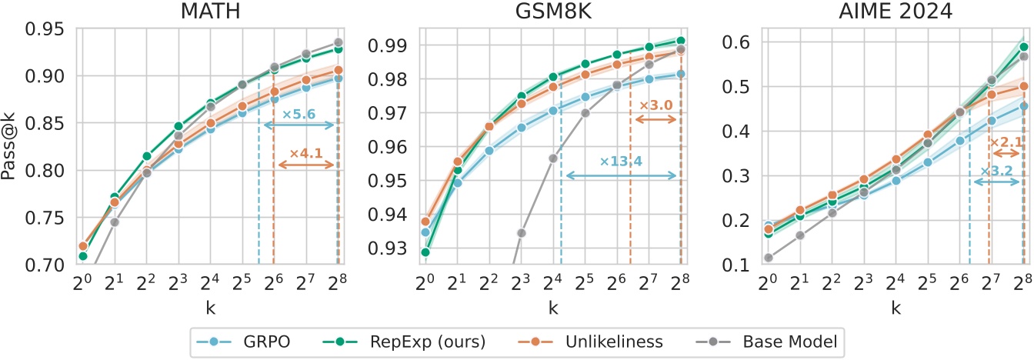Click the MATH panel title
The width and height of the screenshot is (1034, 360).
point(211,12)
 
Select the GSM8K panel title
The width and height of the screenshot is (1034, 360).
point(553,12)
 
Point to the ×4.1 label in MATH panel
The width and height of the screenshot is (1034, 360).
point(305,154)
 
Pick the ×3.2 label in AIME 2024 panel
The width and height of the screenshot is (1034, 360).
point(996,171)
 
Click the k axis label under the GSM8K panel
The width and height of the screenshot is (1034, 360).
point(553,308)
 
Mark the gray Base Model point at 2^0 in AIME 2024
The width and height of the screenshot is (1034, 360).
point(767,258)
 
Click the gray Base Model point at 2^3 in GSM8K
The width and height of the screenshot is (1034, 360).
point(521,232)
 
